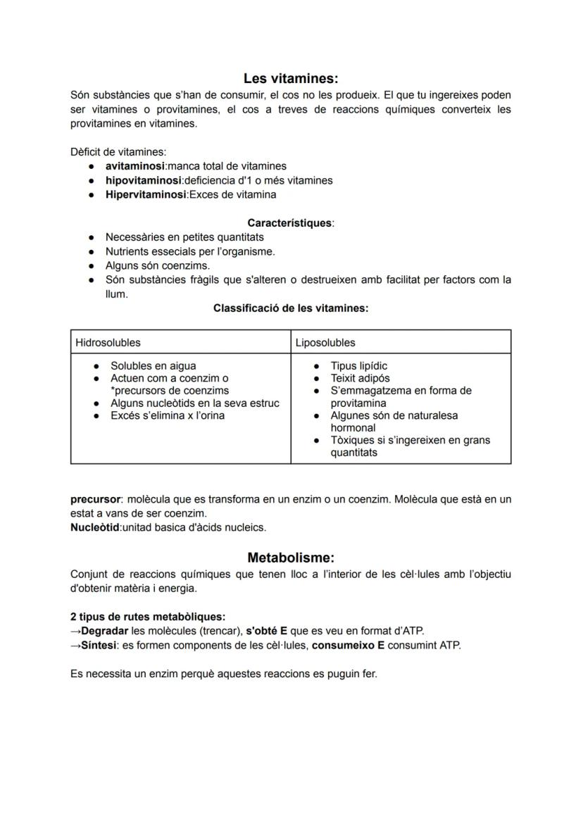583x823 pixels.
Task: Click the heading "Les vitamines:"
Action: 291,79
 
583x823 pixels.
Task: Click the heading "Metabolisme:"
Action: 291,558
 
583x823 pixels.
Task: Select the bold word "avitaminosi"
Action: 134,166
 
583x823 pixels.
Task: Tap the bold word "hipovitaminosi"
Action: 144,180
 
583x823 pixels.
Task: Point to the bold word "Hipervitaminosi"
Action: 145,194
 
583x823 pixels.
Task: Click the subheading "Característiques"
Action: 289,223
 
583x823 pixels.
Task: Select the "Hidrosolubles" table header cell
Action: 108,343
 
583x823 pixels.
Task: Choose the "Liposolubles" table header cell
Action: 325,343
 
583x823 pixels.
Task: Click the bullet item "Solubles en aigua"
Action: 153,366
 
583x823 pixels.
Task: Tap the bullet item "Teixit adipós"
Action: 360,378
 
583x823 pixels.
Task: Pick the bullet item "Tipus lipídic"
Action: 358,366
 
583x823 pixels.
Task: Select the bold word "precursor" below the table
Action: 96,499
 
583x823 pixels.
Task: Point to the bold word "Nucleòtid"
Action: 95,527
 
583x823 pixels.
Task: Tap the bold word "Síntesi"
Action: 98,645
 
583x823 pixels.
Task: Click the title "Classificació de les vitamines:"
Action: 291,308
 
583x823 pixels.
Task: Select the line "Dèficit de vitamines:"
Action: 118,151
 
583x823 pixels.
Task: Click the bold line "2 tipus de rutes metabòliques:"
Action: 148,616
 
